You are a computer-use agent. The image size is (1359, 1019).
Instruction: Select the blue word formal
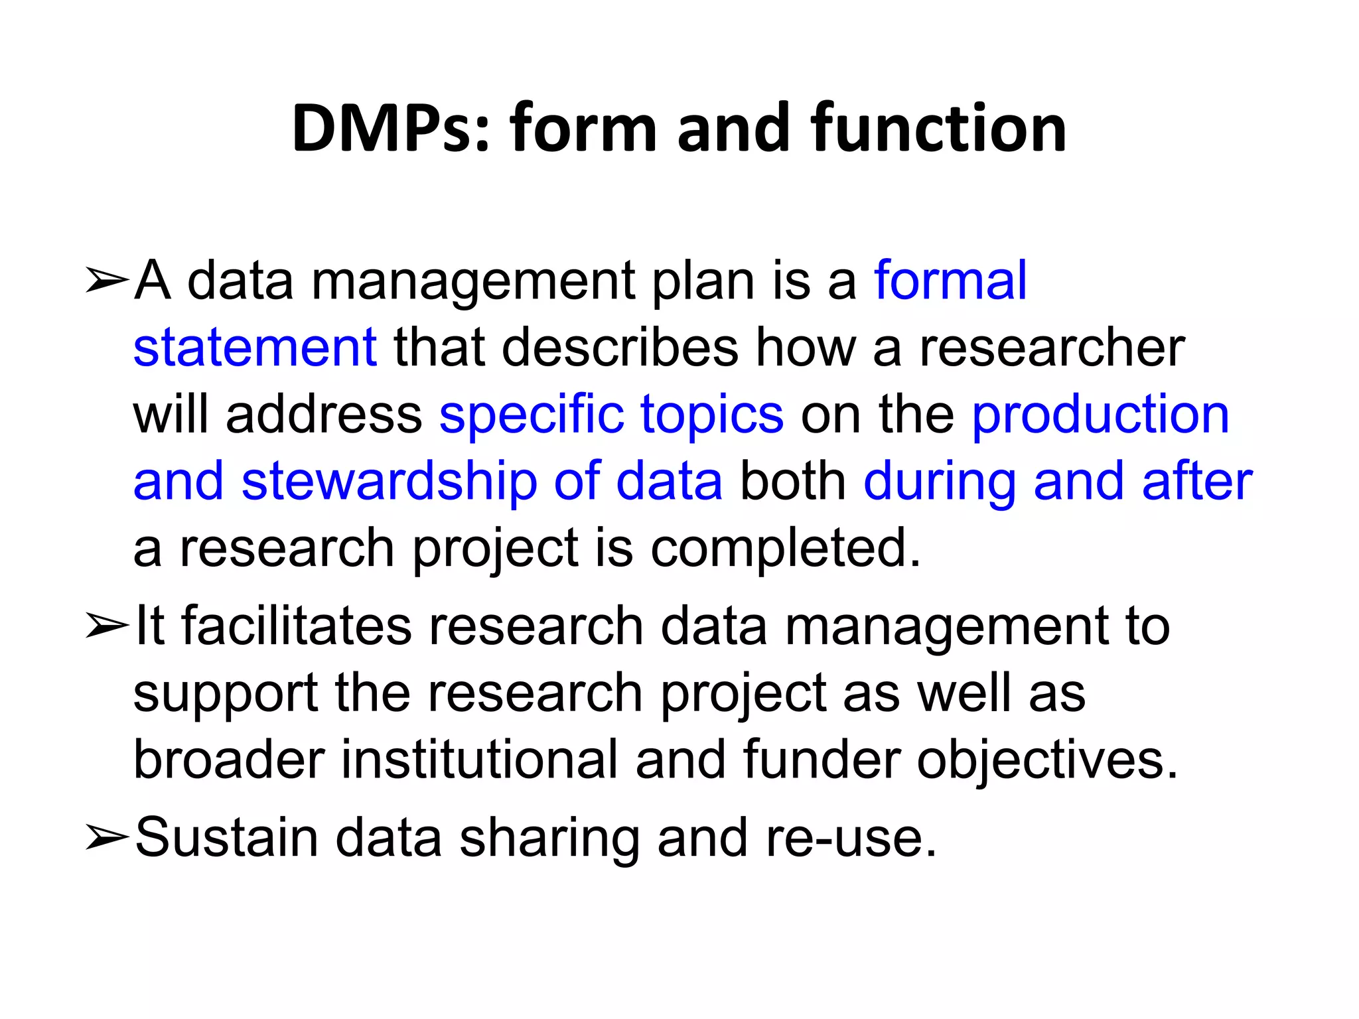950,281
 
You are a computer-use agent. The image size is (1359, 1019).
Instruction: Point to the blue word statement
255,348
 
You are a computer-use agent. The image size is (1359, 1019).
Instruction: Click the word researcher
1052,348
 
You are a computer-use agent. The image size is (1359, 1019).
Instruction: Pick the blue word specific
532,415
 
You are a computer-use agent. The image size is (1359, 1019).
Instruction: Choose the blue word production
1101,414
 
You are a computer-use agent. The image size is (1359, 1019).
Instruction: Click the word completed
786,549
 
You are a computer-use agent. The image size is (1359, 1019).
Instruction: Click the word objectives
1047,761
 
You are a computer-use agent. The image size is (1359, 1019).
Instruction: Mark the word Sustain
226,837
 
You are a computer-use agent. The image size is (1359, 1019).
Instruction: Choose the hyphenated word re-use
851,837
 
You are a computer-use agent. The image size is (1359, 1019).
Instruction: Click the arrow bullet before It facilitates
106,626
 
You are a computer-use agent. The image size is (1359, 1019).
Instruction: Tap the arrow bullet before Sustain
106,838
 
